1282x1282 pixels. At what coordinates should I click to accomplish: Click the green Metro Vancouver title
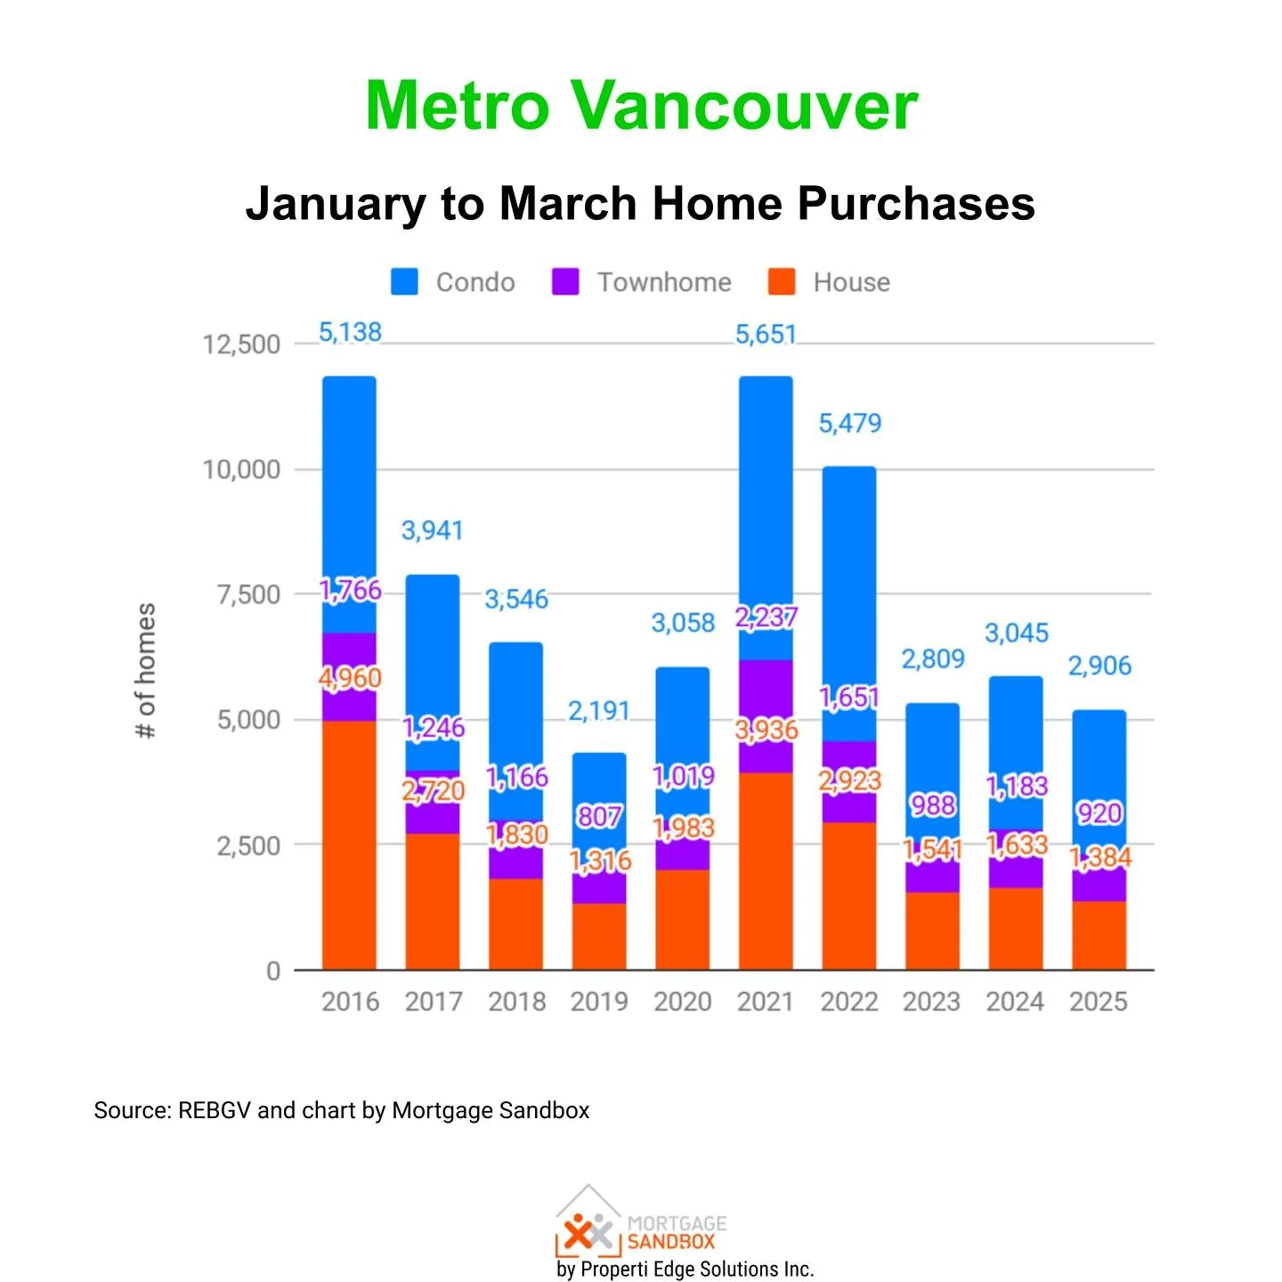(x=641, y=105)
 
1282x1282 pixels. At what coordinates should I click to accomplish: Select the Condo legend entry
(x=454, y=282)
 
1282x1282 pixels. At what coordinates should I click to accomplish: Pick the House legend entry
(x=830, y=282)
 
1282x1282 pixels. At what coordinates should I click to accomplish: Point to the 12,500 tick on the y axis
(x=241, y=345)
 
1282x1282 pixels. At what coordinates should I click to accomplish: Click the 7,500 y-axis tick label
(x=248, y=595)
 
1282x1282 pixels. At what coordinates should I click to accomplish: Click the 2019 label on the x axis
(x=599, y=1002)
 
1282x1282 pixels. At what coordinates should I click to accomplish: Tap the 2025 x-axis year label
(x=1099, y=1002)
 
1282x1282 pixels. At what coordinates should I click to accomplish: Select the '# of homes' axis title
(x=145, y=670)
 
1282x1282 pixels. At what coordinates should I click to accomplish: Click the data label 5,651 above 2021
(x=766, y=335)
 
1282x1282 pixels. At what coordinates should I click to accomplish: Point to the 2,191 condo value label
(x=599, y=710)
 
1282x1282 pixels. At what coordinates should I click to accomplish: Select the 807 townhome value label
(x=599, y=815)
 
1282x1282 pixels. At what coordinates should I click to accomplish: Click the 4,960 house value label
(x=350, y=678)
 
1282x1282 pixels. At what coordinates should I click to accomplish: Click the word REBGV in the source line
(x=215, y=1110)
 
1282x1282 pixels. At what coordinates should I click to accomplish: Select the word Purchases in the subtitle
(x=916, y=203)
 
